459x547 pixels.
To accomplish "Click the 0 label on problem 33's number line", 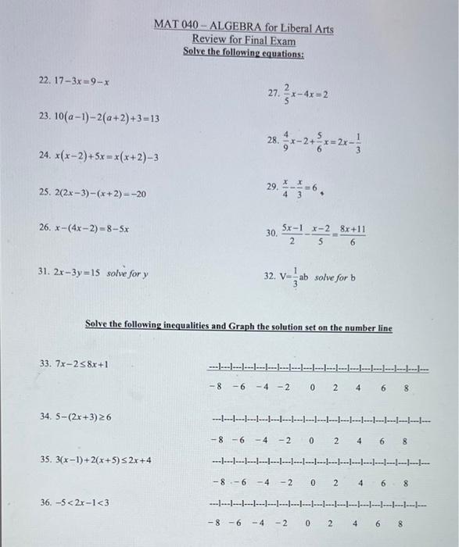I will [x=312, y=385].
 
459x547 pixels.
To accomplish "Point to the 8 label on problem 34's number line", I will [x=403, y=442].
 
